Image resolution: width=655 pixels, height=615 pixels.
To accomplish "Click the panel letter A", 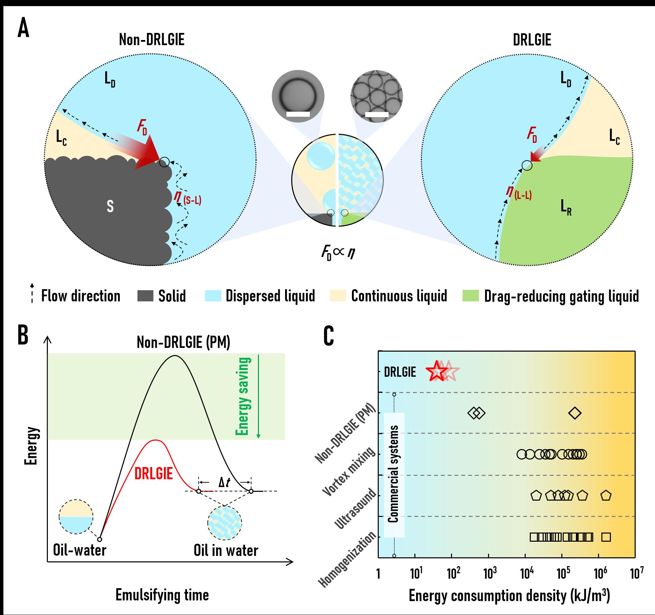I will pyautogui.click(x=23, y=29).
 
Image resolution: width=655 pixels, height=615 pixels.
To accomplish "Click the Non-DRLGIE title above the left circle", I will pyautogui.click(x=152, y=40).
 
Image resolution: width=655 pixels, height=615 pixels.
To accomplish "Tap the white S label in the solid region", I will pyautogui.click(x=110, y=206).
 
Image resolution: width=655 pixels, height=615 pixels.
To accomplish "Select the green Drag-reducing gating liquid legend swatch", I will pyautogui.click(x=470, y=296).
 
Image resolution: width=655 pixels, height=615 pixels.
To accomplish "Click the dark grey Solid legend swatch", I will pyautogui.click(x=145, y=296).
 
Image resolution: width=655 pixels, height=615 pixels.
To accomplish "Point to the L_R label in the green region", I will pyautogui.click(x=566, y=207).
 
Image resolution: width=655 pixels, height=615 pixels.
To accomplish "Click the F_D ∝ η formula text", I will pyautogui.click(x=338, y=254).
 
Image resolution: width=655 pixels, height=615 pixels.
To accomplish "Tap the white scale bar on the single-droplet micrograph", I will pyautogui.click(x=298, y=114).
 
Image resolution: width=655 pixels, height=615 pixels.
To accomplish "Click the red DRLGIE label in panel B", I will pyautogui.click(x=154, y=473).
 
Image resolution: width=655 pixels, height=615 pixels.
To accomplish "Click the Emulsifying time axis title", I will pyautogui.click(x=162, y=595).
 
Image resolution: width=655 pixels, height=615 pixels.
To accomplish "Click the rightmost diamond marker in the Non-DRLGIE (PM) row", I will pyautogui.click(x=575, y=413).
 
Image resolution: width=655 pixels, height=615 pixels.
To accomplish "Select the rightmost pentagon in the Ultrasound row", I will pyautogui.click(x=606, y=496).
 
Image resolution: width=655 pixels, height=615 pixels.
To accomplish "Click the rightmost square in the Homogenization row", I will pyautogui.click(x=606, y=537).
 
